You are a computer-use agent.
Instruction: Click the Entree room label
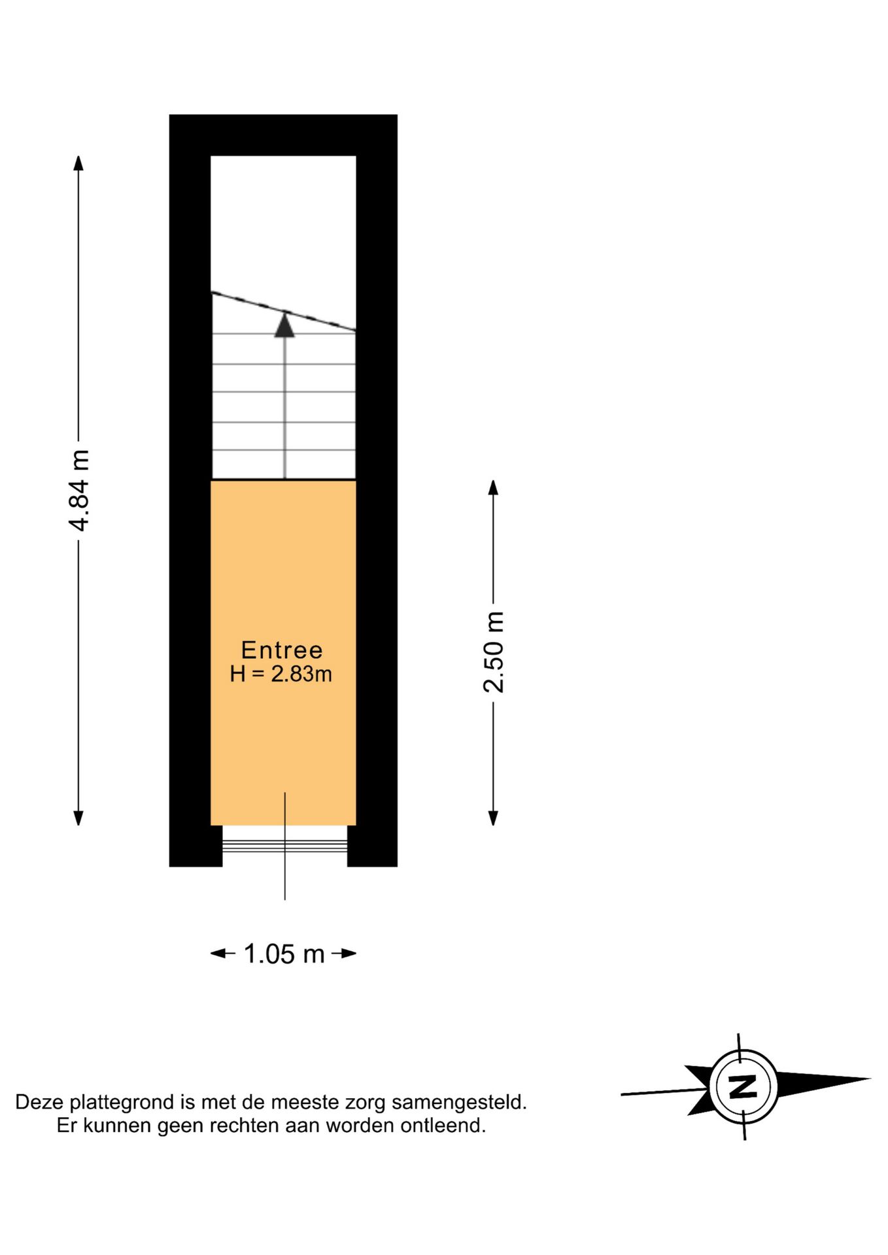click(282, 650)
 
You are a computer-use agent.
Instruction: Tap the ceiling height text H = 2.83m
click(281, 674)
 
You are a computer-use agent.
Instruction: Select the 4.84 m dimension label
click(80, 490)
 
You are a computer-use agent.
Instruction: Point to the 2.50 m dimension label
click(494, 652)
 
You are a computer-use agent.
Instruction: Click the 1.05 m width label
click(284, 954)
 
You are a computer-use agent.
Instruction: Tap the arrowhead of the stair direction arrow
click(284, 326)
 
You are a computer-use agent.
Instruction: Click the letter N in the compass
click(743, 1086)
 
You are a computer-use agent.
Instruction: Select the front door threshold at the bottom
click(284, 846)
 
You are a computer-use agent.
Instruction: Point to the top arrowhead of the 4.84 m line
click(78, 163)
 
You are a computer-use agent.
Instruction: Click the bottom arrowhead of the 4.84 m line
click(78, 818)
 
